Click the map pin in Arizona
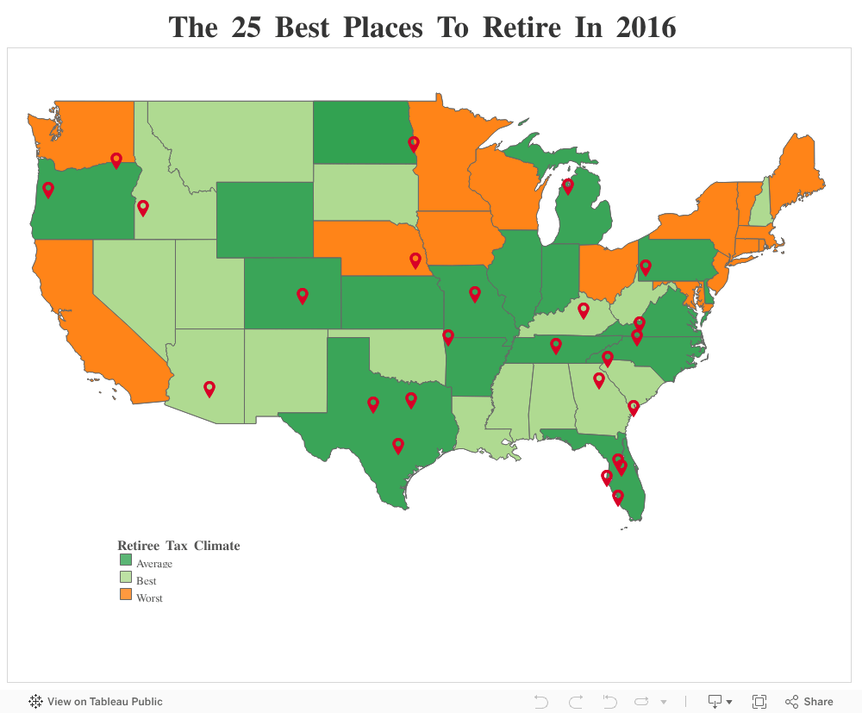click(209, 388)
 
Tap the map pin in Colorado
click(303, 295)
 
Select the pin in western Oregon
click(48, 189)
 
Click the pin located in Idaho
click(143, 207)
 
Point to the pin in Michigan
click(568, 185)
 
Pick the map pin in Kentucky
click(583, 310)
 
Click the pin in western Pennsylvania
click(645, 267)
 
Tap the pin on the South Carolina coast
click(634, 407)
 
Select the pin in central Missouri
click(475, 294)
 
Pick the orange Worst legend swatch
click(126, 595)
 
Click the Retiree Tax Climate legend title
click(178, 546)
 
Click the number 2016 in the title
click(646, 28)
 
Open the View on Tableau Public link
click(97, 702)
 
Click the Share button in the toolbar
click(809, 702)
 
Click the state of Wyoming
click(264, 219)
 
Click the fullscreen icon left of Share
click(759, 702)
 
